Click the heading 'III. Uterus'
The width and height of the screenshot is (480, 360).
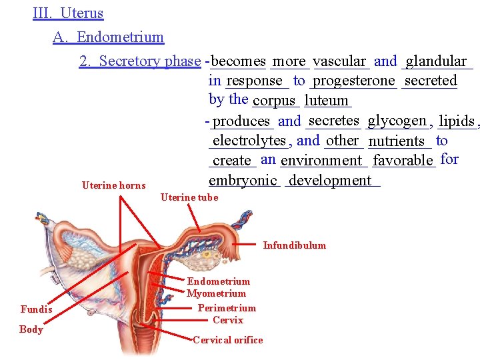[x=68, y=13]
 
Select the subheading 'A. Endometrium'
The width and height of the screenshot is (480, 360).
[x=108, y=37]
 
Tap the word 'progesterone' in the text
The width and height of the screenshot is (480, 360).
[x=353, y=81]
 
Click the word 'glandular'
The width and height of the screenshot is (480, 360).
[x=437, y=61]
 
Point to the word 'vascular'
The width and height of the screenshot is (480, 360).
[x=339, y=61]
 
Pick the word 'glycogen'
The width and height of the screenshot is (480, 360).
[x=397, y=121]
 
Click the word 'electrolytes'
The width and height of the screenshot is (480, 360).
[x=249, y=141]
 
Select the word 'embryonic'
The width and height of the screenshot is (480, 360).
[x=243, y=181]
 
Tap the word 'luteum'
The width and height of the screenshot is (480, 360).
[x=326, y=101]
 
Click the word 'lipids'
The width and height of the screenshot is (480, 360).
[x=457, y=121]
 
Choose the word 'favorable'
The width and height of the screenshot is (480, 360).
[x=403, y=161]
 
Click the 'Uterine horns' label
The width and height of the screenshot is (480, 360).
[x=113, y=185]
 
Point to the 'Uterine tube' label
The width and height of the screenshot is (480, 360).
[x=189, y=197]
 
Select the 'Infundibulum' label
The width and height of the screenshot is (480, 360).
[x=295, y=245]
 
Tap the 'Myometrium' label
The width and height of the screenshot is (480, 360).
[x=216, y=293]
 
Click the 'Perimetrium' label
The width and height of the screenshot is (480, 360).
[x=227, y=308]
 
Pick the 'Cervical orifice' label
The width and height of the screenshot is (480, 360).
[x=228, y=340]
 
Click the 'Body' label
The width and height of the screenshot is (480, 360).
[x=31, y=329]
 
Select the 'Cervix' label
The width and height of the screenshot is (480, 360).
[x=228, y=320]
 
